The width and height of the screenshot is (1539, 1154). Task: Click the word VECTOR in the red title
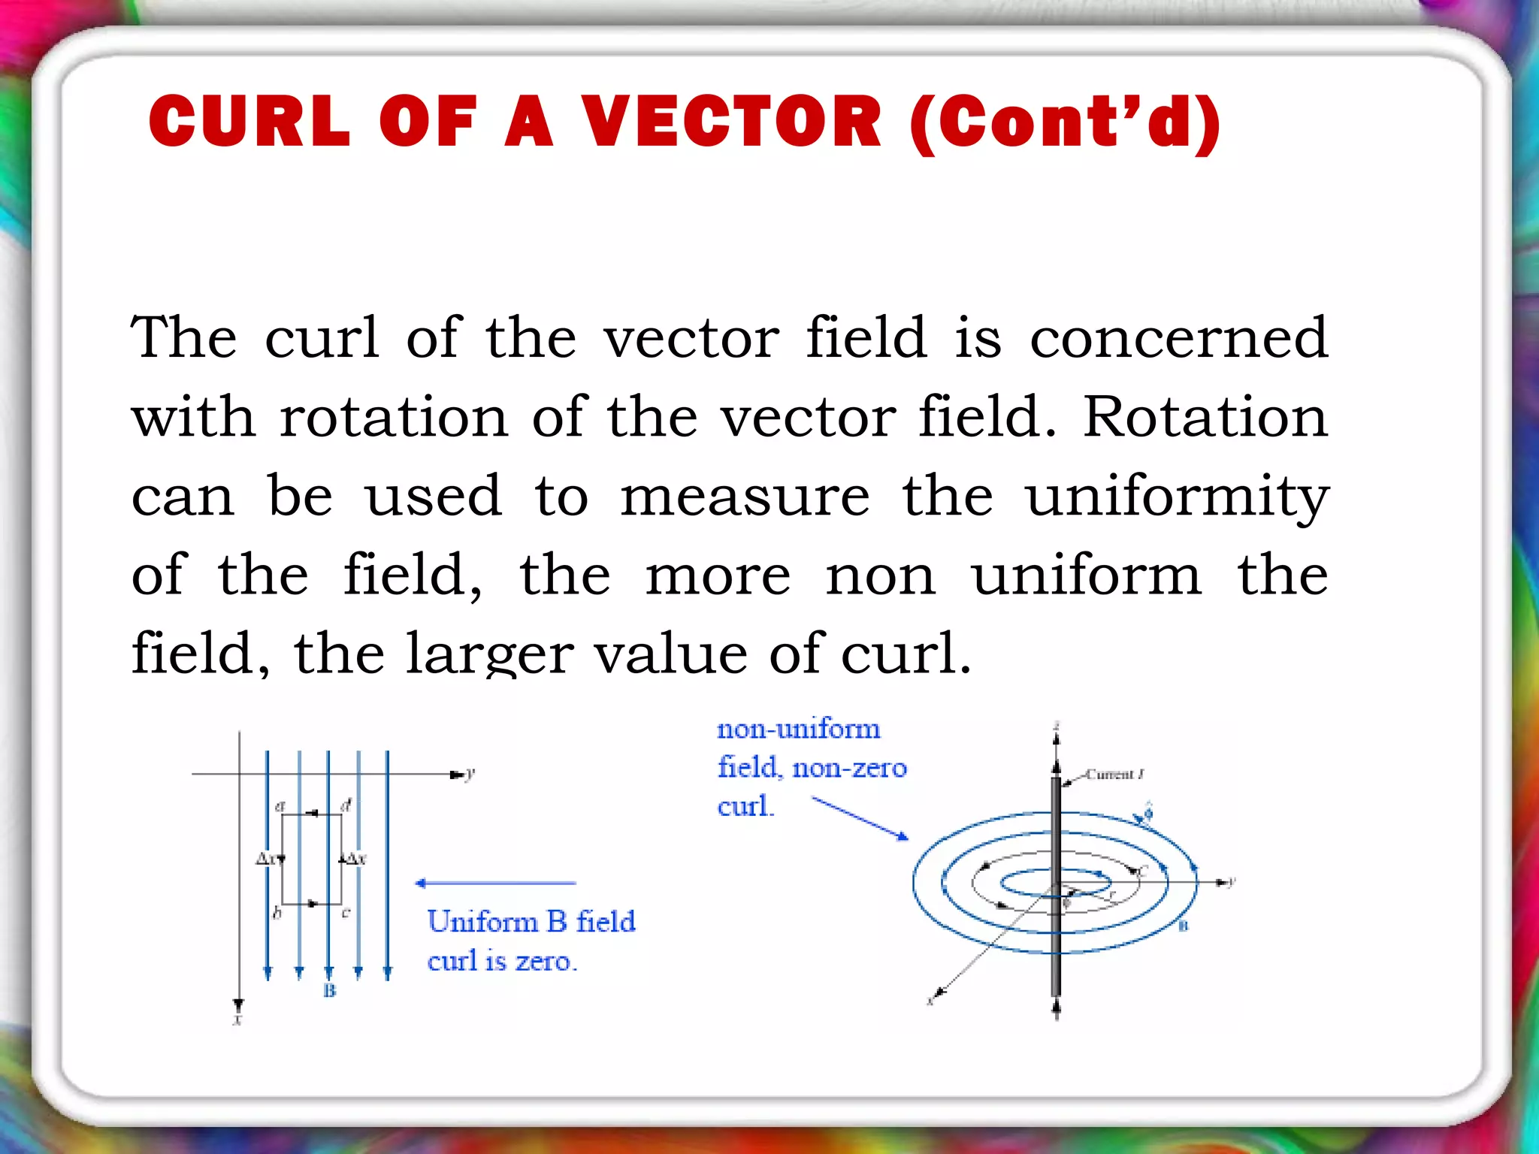731,122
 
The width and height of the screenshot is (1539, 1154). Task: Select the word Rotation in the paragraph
1205,417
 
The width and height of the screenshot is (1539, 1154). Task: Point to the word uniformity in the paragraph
1178,497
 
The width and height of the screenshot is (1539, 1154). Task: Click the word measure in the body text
745,497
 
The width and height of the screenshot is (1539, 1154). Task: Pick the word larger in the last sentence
490,654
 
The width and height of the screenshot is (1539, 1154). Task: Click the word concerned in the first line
1178,338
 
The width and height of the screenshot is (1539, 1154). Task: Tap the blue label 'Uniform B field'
531,922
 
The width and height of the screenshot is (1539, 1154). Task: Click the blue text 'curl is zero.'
502,961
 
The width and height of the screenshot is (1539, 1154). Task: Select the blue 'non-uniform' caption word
798,730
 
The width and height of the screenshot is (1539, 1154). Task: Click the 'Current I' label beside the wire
1114,775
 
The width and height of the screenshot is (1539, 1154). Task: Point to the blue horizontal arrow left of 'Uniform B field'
496,884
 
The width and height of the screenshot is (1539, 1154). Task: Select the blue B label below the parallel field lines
329,991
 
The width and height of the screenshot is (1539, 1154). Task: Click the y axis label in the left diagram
470,773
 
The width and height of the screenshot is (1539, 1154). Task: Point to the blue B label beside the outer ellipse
1183,926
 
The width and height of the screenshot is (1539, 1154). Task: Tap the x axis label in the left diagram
237,1020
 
